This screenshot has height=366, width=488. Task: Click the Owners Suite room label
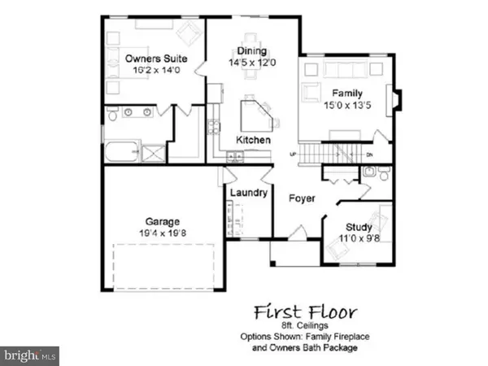[x=157, y=59]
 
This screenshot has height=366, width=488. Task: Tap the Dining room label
[x=252, y=50]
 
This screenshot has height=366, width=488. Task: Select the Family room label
[x=346, y=90]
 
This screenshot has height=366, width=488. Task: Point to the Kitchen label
[x=253, y=141]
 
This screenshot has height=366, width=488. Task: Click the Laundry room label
[x=249, y=193]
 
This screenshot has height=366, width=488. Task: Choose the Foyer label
[x=302, y=198]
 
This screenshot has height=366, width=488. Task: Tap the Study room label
[x=358, y=227]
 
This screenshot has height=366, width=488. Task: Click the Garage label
[x=163, y=221]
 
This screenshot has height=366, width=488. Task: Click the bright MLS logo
[x=30, y=355]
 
